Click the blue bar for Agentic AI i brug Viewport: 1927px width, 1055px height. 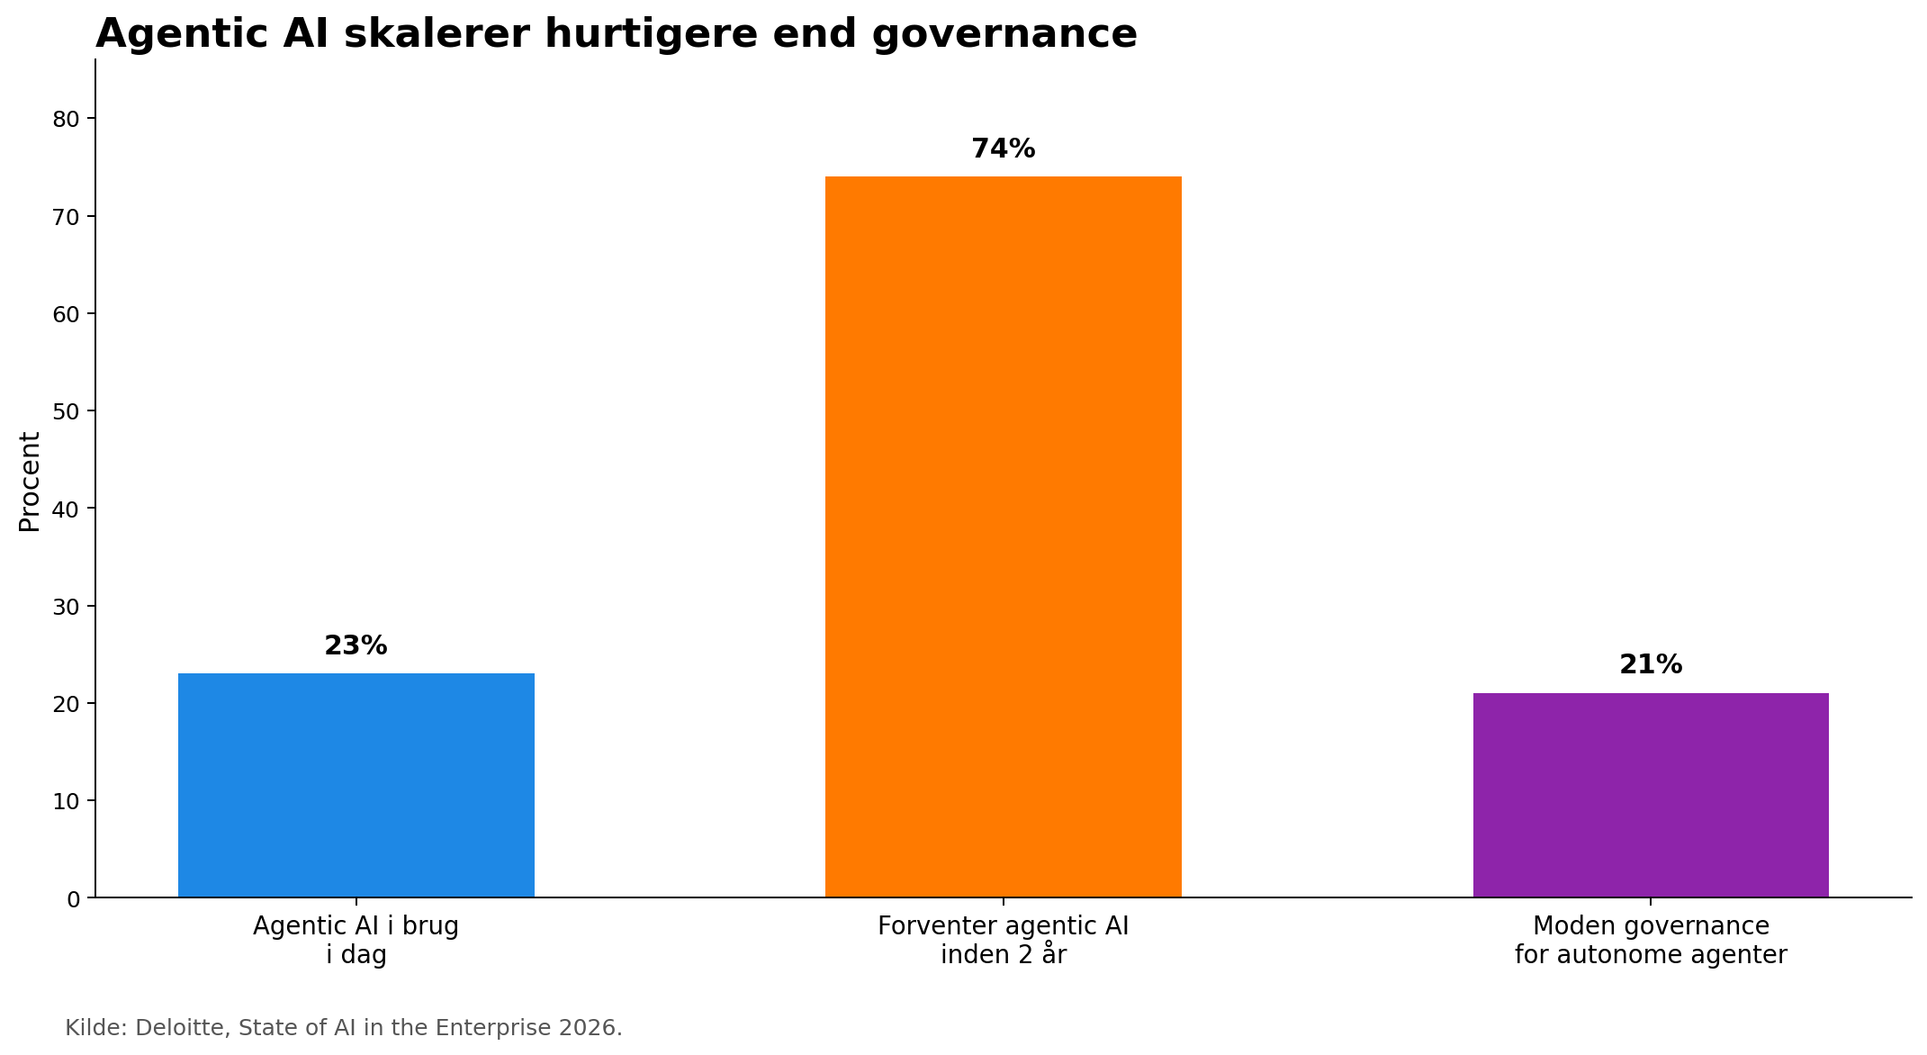[x=356, y=785]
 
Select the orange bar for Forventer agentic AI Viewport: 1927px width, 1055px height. [x=1003, y=537]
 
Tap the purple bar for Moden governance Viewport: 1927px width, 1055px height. [x=1650, y=795]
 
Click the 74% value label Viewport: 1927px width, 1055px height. [x=1003, y=149]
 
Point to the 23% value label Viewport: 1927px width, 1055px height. [x=356, y=645]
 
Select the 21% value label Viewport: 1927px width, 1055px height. [x=1650, y=665]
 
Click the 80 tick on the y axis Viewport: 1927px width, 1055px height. [x=67, y=119]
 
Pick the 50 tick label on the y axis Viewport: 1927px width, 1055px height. [x=67, y=411]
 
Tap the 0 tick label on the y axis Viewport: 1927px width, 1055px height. [x=74, y=898]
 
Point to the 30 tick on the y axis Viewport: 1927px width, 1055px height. [x=67, y=606]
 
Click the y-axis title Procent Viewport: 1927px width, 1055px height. [x=30, y=482]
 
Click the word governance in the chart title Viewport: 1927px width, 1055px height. [x=1004, y=34]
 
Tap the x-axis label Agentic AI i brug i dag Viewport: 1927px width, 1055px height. [x=356, y=940]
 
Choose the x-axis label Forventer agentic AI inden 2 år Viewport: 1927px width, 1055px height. [x=1003, y=940]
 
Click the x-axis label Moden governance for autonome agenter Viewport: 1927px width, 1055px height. [x=1650, y=940]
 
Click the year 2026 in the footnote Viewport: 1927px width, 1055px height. [x=592, y=1028]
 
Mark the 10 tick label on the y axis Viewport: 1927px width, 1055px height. [x=67, y=801]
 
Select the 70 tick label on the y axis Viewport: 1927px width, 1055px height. [x=67, y=217]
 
